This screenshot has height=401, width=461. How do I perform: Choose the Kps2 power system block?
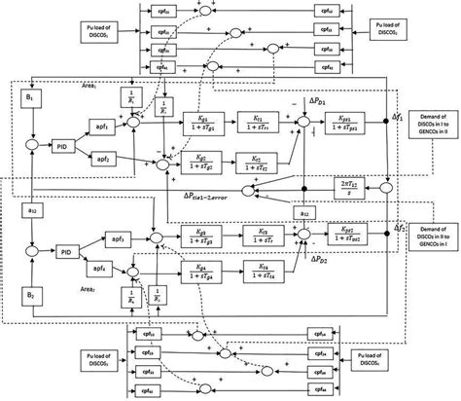(x=341, y=236)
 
